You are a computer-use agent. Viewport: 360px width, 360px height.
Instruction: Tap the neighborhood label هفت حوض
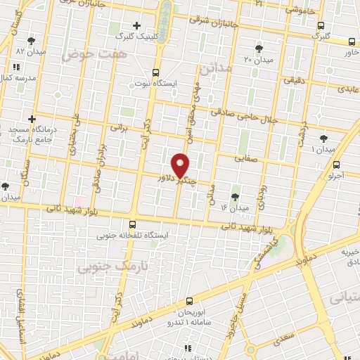[x=87, y=55]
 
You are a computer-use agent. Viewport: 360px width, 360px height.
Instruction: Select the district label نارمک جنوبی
[x=104, y=266]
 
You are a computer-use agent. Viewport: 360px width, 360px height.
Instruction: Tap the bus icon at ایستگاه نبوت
[x=155, y=72]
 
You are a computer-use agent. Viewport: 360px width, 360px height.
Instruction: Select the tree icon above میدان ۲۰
[x=260, y=49]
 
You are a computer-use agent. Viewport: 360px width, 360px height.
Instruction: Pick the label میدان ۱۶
[x=235, y=207]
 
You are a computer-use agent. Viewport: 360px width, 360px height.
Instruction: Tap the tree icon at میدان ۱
[x=323, y=139]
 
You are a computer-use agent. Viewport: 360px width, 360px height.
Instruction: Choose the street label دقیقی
[x=292, y=81]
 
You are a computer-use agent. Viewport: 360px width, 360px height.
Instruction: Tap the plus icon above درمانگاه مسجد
[x=32, y=120]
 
